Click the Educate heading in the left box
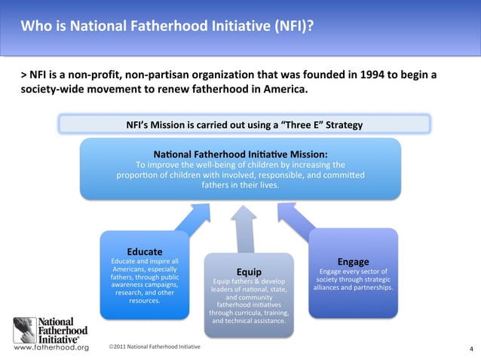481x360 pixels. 145,251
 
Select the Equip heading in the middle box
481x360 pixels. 249,271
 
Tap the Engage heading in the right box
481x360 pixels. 353,261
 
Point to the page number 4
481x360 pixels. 470,349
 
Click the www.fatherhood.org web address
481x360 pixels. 47,348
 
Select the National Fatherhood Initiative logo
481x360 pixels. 51,329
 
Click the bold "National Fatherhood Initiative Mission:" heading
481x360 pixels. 240,153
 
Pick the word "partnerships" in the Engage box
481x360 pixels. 369,288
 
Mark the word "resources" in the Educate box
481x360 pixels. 144,301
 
